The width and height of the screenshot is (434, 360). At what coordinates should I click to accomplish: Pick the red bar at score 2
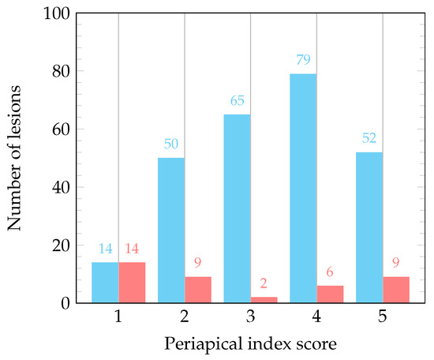[x=198, y=290]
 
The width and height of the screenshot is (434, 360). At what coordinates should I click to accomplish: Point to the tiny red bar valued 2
[x=264, y=300]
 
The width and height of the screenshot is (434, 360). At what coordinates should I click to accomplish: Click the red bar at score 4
[x=330, y=294]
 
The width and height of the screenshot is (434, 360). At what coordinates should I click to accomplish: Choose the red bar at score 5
[x=396, y=290]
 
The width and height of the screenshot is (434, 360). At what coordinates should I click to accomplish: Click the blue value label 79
[x=303, y=60]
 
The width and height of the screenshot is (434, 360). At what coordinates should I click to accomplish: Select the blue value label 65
[x=237, y=101]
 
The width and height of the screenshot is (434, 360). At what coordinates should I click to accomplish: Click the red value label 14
[x=132, y=249]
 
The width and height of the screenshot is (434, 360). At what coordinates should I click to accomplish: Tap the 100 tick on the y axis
[x=59, y=13]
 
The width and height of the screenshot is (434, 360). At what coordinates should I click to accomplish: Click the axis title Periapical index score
[x=250, y=345]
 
